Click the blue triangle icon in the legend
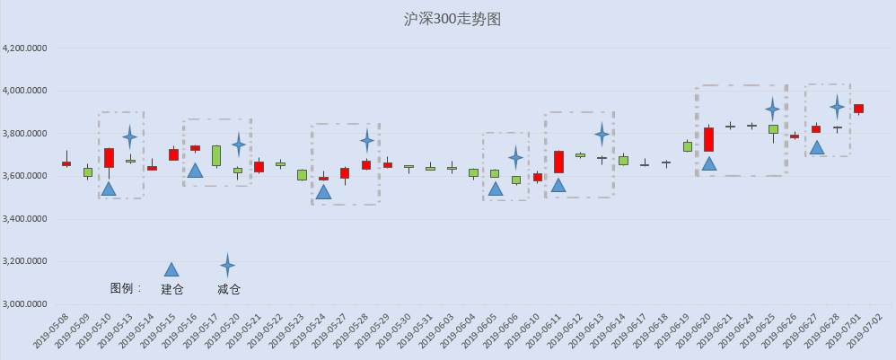[171, 269]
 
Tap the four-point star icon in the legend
[228, 265]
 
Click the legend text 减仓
[229, 289]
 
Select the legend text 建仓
[171, 289]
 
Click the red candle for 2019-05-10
[109, 158]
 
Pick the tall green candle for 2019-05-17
[216, 155]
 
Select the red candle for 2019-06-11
[558, 162]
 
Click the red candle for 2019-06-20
[708, 139]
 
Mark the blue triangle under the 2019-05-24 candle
[323, 191]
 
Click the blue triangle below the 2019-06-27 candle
[816, 147]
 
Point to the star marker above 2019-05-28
[367, 140]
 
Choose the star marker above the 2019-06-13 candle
[602, 135]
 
